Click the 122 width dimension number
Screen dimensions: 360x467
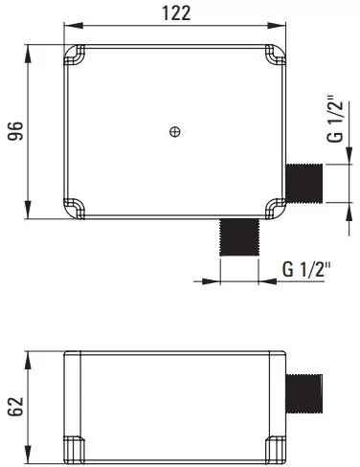[x=176, y=13]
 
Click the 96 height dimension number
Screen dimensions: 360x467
[x=15, y=131]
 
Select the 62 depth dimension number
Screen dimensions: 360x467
[x=15, y=407]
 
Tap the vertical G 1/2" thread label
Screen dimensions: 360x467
[x=335, y=119]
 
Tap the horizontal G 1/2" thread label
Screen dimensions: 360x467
[x=306, y=270]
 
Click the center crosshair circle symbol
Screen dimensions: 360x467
[x=175, y=131]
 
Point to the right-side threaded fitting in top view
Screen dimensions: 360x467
[x=304, y=183]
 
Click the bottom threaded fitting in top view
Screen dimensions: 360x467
[x=239, y=237]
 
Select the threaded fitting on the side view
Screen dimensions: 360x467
[x=304, y=393]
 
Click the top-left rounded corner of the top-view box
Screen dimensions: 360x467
[x=74, y=55]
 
